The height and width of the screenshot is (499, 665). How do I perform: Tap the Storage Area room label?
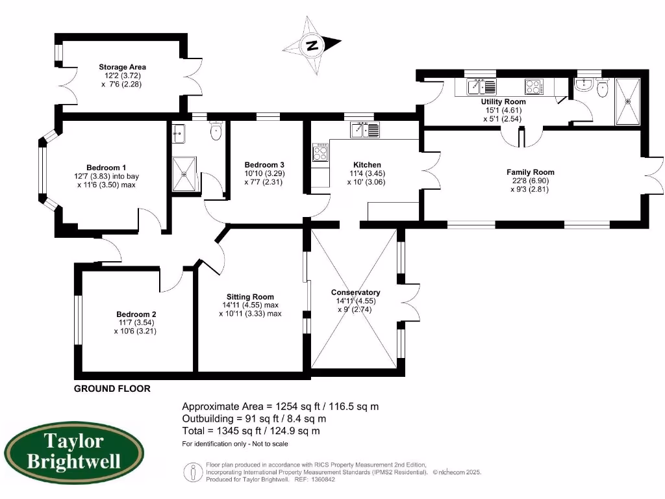pos(122,67)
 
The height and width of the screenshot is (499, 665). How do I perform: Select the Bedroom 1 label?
pos(106,167)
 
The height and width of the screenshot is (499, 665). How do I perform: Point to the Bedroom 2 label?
pos(136,314)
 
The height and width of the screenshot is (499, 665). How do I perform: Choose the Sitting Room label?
pos(250,296)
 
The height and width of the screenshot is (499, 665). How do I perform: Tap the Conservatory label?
pos(355,292)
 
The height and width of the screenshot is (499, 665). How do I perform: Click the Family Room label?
pos(531,172)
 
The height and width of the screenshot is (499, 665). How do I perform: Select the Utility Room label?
pos(503,102)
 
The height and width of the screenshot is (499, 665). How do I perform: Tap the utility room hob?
pos(534,87)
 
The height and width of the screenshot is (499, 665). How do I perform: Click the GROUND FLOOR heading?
pos(112,389)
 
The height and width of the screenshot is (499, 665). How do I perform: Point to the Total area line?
pos(251,430)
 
